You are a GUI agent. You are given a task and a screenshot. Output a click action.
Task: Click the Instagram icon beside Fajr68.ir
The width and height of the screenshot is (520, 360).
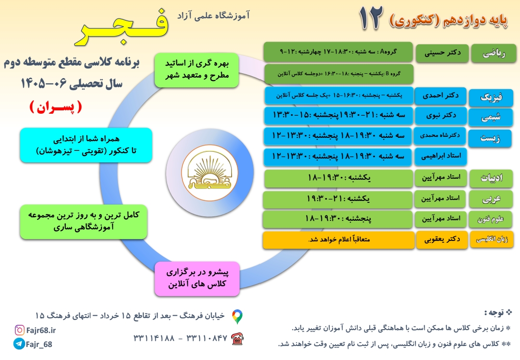pyautogui.click(x=20, y=330)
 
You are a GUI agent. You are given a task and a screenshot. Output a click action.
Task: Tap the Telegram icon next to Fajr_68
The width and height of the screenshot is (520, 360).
pyautogui.click(x=19, y=344)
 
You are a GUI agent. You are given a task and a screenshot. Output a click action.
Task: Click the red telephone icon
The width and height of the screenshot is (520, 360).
pyautogui.click(x=237, y=339)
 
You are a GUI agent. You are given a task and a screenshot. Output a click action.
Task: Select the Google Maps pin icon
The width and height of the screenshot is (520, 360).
pyautogui.click(x=237, y=317)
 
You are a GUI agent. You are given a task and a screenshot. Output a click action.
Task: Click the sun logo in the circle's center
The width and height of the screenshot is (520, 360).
pyautogui.click(x=210, y=173)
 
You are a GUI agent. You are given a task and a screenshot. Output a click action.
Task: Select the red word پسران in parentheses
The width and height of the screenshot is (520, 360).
pyautogui.click(x=56, y=107)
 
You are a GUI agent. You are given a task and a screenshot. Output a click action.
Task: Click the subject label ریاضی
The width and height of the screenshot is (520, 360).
pyautogui.click(x=494, y=53)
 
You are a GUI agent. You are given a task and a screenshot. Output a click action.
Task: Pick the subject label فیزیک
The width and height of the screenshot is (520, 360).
pyautogui.click(x=491, y=97)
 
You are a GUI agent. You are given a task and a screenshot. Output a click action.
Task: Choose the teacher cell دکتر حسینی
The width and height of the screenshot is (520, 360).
pyautogui.click(x=442, y=53)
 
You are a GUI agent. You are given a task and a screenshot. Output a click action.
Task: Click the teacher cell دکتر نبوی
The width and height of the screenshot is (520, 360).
pyautogui.click(x=441, y=115)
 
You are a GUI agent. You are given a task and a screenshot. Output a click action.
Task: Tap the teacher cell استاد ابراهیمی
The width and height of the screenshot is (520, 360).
pyautogui.click(x=441, y=156)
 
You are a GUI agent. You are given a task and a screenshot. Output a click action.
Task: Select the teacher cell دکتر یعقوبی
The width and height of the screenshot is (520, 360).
pyautogui.click(x=442, y=239)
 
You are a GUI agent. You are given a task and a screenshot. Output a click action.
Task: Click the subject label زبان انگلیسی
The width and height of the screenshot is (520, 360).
pyautogui.click(x=492, y=239)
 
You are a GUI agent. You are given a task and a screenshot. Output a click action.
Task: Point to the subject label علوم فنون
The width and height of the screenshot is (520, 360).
pyautogui.click(x=491, y=219)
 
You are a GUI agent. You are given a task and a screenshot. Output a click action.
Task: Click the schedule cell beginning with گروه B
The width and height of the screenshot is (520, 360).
pyautogui.click(x=338, y=74)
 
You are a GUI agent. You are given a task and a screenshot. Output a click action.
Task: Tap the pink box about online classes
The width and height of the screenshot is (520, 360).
pyautogui.click(x=197, y=279)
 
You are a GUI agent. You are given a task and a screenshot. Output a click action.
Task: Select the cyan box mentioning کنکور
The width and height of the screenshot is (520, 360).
pyautogui.click(x=86, y=145)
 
